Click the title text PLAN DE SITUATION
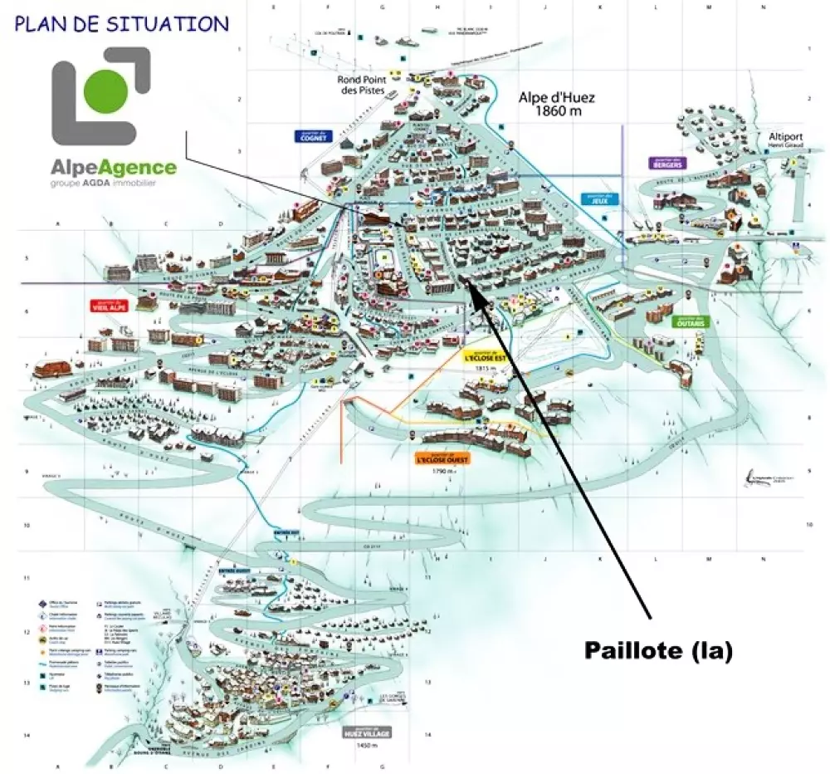[x=121, y=23]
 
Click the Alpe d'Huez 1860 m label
[x=557, y=104]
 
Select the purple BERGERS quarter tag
[x=666, y=163]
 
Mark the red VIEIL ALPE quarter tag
[x=109, y=306]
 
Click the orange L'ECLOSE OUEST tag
[x=442, y=458]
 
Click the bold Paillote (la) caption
[x=658, y=651]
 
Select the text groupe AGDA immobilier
[x=103, y=183]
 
